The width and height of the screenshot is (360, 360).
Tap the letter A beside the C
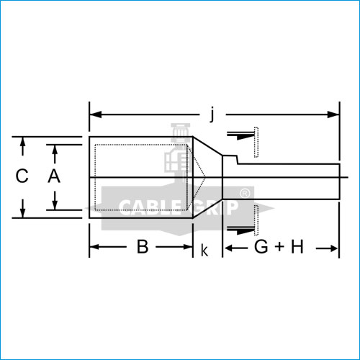(53, 176)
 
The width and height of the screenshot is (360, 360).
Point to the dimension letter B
(143, 248)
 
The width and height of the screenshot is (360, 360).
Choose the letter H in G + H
(297, 248)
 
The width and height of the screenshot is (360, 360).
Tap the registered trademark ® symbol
(245, 193)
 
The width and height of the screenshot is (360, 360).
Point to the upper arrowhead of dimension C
(23, 142)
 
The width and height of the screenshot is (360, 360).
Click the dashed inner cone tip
(206, 177)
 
